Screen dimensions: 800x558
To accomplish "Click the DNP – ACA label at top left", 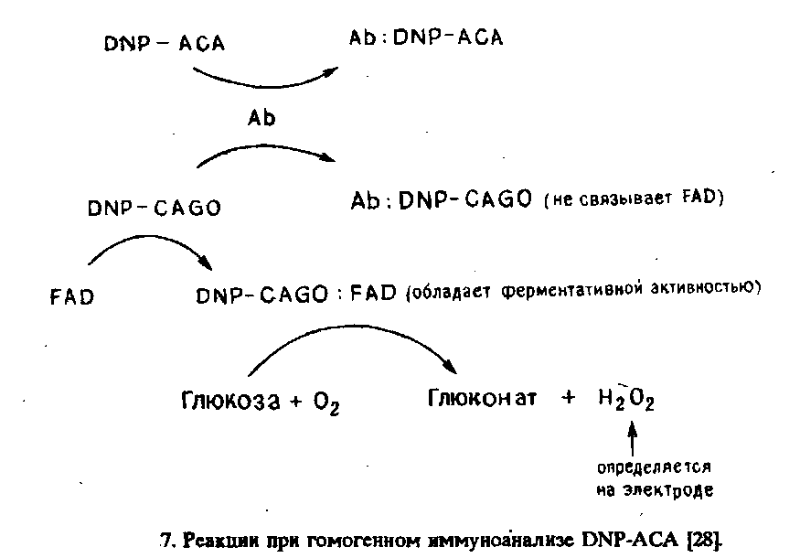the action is pos(164,43).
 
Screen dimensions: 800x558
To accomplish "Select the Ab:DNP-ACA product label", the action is pos(426,39).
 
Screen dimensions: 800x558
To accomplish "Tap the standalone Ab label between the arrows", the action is pos(261,118).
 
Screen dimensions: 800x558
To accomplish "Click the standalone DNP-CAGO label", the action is pos(154,209).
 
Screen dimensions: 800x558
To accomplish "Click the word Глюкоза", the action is pos(229,400).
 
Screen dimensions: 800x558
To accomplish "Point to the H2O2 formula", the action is pos(627,400).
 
